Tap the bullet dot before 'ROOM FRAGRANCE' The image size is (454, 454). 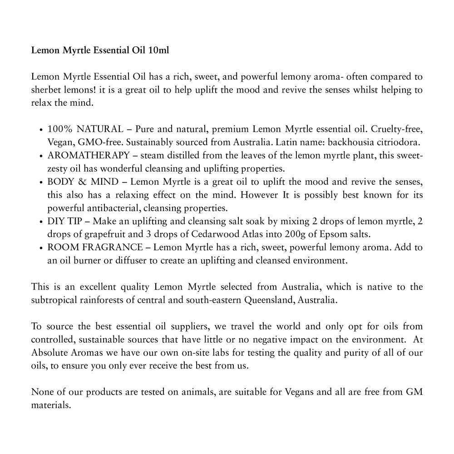pos(42,248)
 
